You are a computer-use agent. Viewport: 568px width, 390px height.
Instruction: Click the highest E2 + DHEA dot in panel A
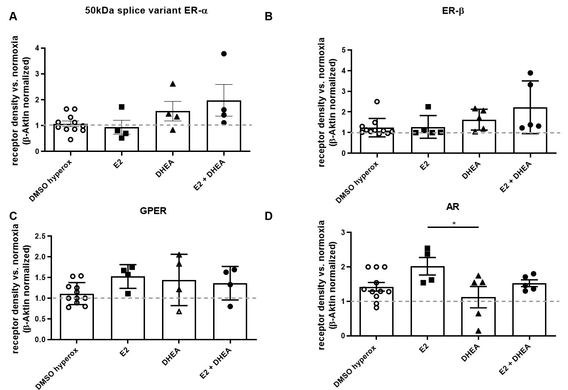coord(224,54)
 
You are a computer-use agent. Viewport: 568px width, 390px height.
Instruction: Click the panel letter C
coord(13,216)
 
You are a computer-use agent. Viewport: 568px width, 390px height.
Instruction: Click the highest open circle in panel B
coord(377,101)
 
